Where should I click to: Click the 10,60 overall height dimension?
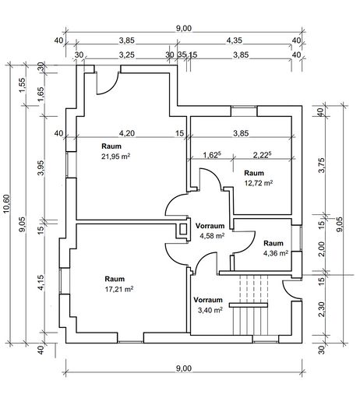click(6, 203)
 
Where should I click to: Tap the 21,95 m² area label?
click(115, 157)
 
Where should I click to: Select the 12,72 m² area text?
click(259, 183)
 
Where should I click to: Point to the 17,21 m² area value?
click(119, 289)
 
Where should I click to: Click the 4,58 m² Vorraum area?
click(212, 236)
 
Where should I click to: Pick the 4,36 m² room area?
click(276, 253)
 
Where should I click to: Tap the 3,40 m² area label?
click(210, 310)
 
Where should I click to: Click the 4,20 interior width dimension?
click(127, 133)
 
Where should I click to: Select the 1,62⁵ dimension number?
click(212, 155)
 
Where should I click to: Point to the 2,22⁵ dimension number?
click(262, 155)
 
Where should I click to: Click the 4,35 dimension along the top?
click(235, 40)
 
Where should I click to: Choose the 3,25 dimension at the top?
click(127, 55)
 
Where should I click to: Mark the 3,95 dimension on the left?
click(41, 167)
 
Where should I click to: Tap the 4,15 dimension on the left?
click(41, 283)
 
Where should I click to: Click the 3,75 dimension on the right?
click(322, 165)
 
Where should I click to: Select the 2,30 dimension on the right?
click(322, 309)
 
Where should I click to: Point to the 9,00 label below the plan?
click(184, 368)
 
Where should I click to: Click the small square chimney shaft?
click(183, 229)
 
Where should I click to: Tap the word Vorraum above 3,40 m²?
click(208, 300)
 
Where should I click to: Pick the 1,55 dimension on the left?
click(23, 85)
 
